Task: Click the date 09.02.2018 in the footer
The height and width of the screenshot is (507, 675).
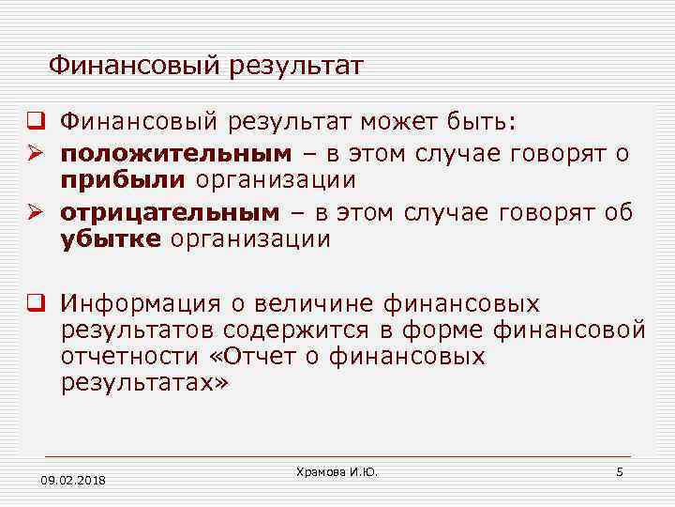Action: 73,481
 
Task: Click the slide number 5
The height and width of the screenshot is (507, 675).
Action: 620,471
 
